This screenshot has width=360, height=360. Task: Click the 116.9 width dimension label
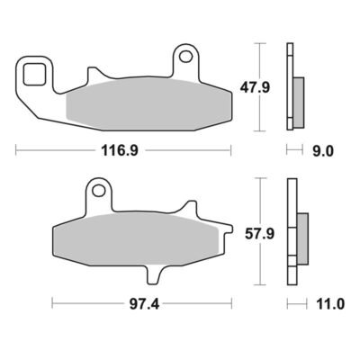coord(120,150)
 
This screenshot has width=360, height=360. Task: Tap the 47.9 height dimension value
coord(255,87)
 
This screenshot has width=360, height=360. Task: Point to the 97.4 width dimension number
coord(144,304)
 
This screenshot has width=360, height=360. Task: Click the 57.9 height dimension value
coord(259,234)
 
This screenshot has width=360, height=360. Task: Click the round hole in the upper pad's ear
coord(186,56)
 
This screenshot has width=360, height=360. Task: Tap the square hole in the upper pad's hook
coord(35,74)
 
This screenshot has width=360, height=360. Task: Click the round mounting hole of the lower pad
coord(97,190)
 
